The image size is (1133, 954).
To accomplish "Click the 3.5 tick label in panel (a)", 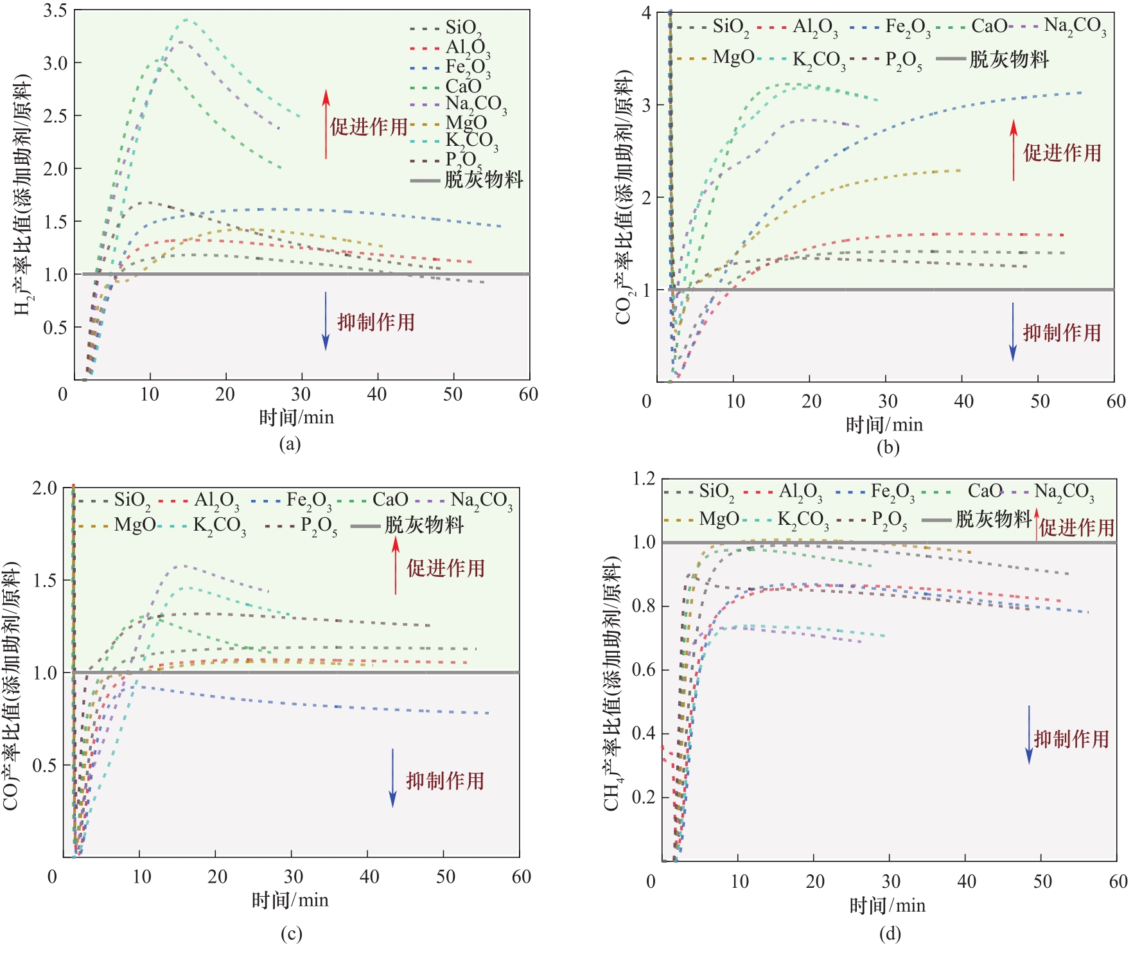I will click(55, 11).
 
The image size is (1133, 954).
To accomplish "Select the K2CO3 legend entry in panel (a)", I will click(470, 140).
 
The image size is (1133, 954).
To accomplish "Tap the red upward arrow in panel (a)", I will click(326, 123).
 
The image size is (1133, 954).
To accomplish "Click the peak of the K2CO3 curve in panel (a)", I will click(186, 20).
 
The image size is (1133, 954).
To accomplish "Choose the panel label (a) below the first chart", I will click(290, 444).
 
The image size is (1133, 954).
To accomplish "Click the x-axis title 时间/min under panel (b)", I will click(884, 425).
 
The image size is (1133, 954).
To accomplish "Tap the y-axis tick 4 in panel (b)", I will click(646, 13).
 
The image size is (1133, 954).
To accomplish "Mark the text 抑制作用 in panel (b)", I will click(1062, 333).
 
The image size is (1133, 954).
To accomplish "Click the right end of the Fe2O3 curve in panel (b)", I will click(1082, 93).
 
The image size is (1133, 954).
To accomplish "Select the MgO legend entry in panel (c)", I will click(134, 525).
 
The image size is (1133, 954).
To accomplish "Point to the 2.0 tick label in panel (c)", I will click(45, 488).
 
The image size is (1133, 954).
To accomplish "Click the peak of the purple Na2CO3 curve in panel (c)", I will click(184, 565).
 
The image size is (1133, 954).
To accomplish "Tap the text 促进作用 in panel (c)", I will click(445, 568).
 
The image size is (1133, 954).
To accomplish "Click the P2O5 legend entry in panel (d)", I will click(889, 519).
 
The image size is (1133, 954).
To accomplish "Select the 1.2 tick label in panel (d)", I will click(644, 479).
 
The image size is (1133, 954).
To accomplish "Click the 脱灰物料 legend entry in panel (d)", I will click(993, 519).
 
